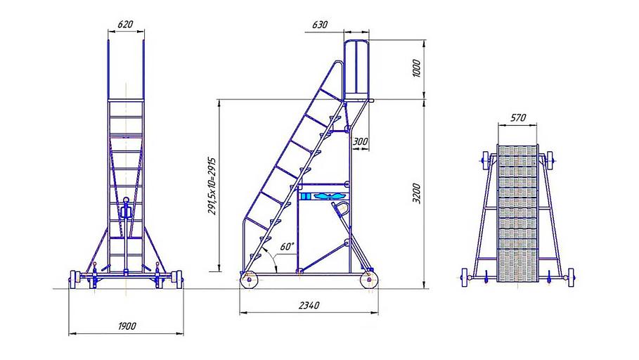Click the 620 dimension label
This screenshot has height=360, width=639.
click(x=125, y=25)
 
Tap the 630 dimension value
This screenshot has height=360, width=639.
click(x=320, y=25)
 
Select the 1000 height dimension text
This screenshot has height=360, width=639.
click(x=416, y=69)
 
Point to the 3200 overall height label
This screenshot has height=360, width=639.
click(x=416, y=193)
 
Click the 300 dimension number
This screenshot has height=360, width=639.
click(x=360, y=141)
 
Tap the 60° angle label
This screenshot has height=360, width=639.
click(x=288, y=246)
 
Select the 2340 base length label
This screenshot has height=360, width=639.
click(x=309, y=305)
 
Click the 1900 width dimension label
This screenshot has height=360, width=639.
click(x=127, y=326)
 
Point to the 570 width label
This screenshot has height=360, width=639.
click(x=518, y=118)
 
